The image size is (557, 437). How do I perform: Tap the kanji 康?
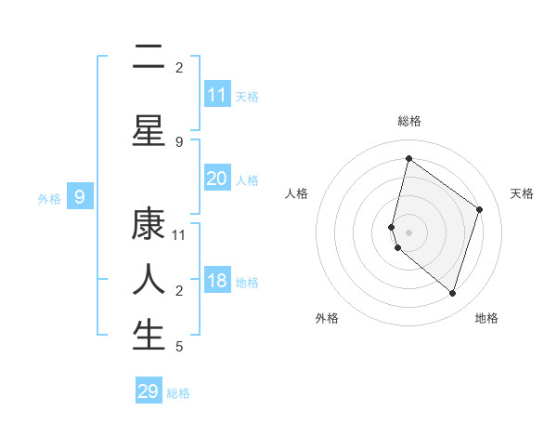[x=149, y=224]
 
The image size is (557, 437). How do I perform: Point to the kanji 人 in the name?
[x=149, y=279]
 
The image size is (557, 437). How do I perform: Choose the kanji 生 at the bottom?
[x=149, y=335]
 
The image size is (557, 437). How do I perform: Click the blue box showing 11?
[x=217, y=95]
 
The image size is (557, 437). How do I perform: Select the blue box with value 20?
[x=217, y=179]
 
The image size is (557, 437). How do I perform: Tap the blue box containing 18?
[x=217, y=282]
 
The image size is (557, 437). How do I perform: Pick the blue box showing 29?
[x=149, y=391]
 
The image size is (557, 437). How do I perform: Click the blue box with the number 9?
[x=80, y=197]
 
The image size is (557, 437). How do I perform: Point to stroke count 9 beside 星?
[x=179, y=141]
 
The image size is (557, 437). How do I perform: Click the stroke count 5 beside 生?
[x=179, y=347]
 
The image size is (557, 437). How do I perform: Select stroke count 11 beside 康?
[x=179, y=235]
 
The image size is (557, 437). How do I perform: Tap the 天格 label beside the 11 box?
[x=247, y=96]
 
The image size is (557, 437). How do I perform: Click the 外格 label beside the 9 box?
[x=49, y=198]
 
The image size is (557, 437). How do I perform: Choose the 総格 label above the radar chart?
[x=409, y=121]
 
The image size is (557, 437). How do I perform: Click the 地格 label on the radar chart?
[x=486, y=318]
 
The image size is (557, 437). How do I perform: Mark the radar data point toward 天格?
[x=480, y=209]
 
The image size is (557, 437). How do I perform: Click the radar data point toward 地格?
[x=452, y=294]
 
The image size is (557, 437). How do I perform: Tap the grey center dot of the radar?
[x=409, y=232]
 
